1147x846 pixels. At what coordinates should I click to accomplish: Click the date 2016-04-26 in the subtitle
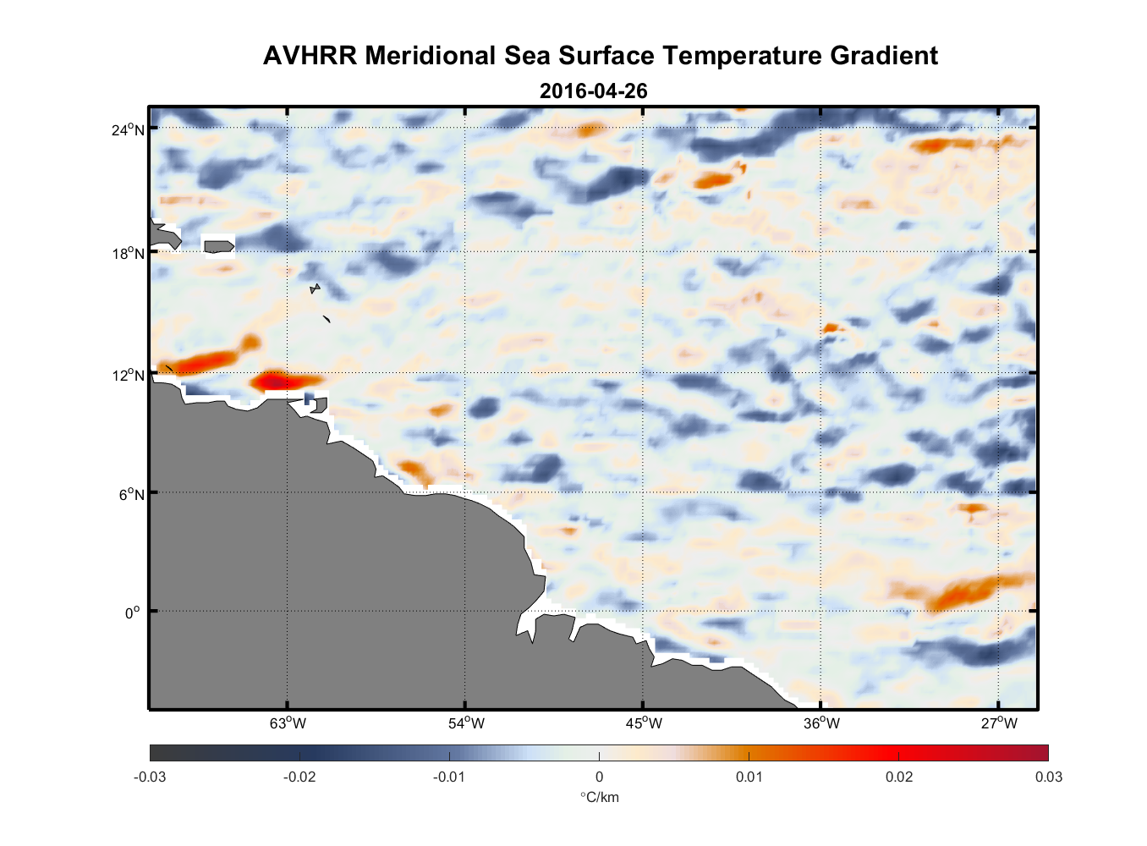[x=593, y=91]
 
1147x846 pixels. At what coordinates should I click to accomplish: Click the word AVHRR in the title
[x=310, y=56]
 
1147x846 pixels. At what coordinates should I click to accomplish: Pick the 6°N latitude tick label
[x=131, y=494]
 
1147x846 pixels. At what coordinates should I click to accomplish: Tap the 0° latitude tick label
[x=133, y=613]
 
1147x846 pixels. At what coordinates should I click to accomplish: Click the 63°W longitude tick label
[x=288, y=723]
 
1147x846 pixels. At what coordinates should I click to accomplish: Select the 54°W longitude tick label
[x=466, y=723]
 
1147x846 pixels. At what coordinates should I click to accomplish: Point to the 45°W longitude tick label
[x=644, y=723]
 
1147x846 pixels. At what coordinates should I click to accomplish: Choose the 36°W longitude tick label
[x=821, y=723]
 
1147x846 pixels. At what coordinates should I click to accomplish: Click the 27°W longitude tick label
[x=999, y=723]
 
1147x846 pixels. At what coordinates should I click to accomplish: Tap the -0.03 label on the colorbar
[x=150, y=777]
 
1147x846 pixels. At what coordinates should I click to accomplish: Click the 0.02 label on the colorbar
[x=899, y=777]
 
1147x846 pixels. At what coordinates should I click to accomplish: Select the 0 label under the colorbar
[x=599, y=777]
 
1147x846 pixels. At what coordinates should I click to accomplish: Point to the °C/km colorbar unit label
[x=599, y=798]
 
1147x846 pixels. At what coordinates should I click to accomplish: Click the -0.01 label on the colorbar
[x=449, y=777]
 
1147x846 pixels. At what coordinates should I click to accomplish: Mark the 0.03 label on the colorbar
[x=1048, y=777]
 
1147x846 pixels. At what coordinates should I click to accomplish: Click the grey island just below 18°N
[x=219, y=246]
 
